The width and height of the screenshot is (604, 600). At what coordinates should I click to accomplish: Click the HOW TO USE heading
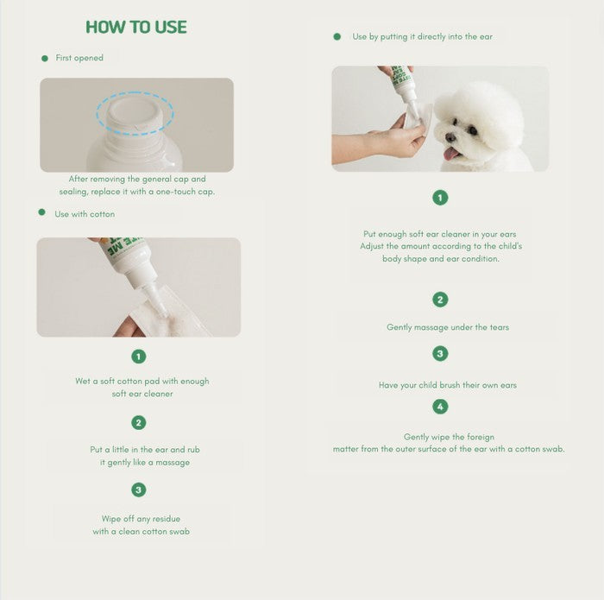(x=136, y=27)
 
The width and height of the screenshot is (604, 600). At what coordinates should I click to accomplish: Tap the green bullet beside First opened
(x=45, y=59)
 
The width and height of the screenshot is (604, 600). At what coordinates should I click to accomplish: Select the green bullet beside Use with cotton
(x=42, y=212)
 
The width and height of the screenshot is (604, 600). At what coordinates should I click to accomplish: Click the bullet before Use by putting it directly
(x=337, y=36)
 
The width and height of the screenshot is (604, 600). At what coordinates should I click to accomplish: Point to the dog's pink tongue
(x=450, y=155)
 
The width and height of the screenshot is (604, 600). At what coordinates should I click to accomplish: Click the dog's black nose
(x=449, y=137)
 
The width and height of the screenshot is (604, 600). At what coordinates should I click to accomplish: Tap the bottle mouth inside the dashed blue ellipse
(x=134, y=112)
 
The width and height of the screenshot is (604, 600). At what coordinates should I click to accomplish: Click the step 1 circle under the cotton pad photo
(x=139, y=357)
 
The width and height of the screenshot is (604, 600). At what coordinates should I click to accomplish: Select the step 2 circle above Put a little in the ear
(x=139, y=423)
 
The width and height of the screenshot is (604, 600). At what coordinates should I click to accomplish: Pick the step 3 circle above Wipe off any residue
(x=139, y=489)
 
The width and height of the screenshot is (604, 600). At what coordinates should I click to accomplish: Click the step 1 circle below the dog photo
(x=440, y=198)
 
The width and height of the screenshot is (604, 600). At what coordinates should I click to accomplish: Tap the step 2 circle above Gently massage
(x=440, y=300)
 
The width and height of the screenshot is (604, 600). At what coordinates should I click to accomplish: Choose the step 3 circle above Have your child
(x=440, y=353)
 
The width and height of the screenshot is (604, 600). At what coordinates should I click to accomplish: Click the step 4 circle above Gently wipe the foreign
(x=440, y=407)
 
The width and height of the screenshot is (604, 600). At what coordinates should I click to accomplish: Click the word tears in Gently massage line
(x=500, y=327)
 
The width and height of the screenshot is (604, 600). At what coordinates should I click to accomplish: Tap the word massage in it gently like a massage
(x=173, y=463)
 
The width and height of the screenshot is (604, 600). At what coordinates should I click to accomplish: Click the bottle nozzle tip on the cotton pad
(x=165, y=314)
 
